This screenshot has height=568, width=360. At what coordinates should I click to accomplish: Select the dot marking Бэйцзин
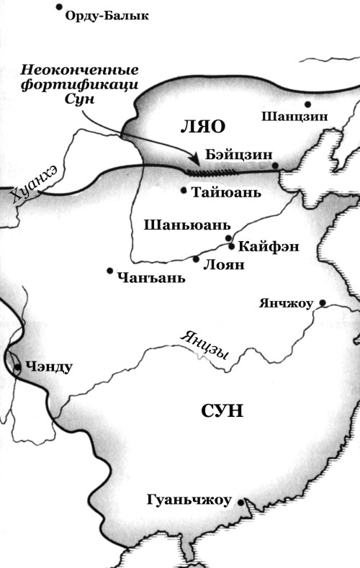pos(275,166)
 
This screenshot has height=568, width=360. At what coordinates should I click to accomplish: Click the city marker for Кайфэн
pos(231,245)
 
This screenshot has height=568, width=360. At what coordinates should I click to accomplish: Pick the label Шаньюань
pos(187,223)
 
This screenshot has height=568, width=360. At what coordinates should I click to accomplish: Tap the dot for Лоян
pos(196,259)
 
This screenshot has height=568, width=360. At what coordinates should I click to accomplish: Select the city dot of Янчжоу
pos(323,302)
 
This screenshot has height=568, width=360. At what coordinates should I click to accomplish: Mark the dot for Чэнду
pos(17,366)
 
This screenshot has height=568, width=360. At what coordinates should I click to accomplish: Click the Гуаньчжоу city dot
pos(240,502)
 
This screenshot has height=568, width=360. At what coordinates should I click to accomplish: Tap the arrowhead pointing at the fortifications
pos(194,160)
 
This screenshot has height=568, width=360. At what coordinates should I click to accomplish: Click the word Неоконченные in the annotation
pos(79,70)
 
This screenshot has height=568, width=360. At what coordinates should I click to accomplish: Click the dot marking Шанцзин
pos(307,104)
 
